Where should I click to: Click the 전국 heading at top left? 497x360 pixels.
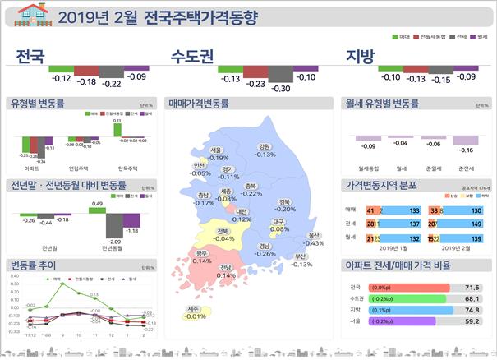[30, 56]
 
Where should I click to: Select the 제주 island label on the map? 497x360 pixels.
[195, 309]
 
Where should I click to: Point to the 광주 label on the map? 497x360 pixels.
[201, 254]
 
